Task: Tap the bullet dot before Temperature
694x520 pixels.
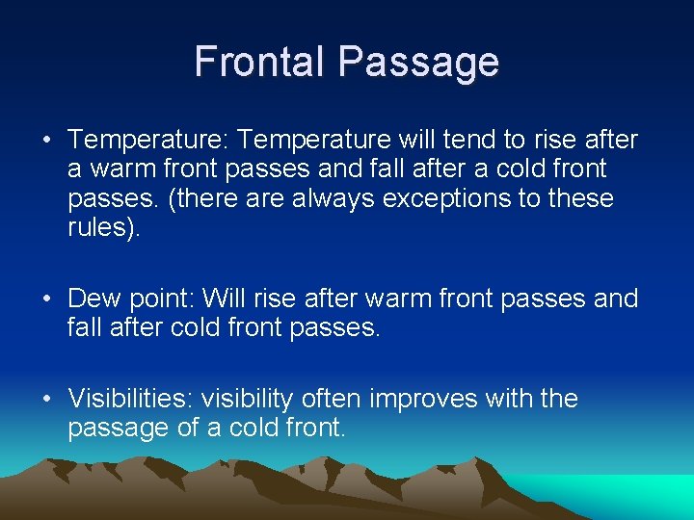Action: click(47, 142)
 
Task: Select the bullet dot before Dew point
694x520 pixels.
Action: click(47, 299)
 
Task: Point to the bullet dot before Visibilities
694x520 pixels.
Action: click(47, 400)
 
